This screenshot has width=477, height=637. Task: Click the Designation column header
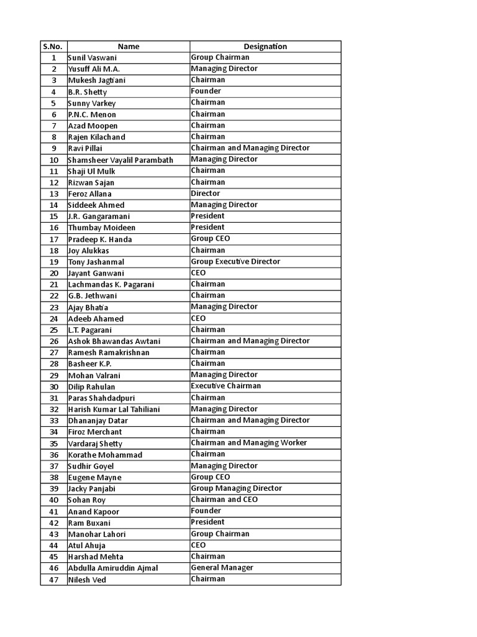click(265, 46)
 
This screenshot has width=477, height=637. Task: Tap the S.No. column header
click(53, 46)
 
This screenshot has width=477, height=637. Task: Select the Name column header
click(128, 46)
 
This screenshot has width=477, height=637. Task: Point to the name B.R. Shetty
click(88, 92)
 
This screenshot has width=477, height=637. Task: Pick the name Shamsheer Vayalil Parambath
click(120, 160)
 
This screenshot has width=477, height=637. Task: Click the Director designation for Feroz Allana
click(206, 193)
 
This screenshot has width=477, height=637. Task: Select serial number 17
click(54, 239)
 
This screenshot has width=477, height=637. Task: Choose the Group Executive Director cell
click(235, 261)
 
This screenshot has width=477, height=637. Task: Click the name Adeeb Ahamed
click(96, 318)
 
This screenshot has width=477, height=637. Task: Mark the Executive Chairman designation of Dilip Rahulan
click(226, 386)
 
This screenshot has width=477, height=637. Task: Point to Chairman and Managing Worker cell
click(249, 442)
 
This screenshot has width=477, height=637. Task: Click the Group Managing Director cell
click(236, 488)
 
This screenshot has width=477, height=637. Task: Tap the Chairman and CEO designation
click(224, 500)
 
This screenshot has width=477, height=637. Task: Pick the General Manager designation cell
click(222, 567)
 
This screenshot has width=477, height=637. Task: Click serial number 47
click(54, 580)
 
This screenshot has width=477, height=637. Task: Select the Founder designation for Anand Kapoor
click(206, 511)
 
